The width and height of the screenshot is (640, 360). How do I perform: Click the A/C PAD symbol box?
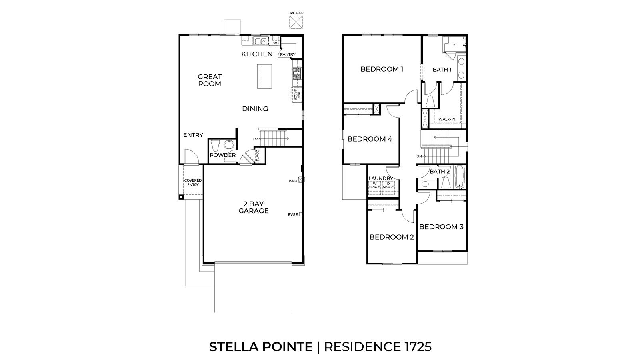[296, 23]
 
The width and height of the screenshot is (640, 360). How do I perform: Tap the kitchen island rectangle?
[264, 77]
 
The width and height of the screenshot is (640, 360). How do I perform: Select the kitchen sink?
[261, 41]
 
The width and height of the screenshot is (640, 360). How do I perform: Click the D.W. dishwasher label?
[274, 43]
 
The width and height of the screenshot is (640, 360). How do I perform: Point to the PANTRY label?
[288, 54]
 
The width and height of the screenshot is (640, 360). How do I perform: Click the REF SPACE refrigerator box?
[296, 95]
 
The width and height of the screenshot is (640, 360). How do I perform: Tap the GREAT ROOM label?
[210, 80]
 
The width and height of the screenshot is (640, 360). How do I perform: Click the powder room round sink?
[229, 145]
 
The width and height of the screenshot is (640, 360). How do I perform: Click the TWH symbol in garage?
[302, 180]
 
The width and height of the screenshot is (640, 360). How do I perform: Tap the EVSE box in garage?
[300, 214]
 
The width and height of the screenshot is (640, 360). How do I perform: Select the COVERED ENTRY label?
[193, 182]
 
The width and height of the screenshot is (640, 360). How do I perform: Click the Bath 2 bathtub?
[460, 177]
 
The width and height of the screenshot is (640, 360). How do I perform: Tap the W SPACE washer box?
[374, 186]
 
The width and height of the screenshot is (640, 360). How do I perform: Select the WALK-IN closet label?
[446, 119]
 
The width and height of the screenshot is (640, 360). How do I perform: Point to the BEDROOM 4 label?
[370, 139]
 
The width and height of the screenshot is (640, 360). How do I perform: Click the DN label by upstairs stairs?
[419, 156]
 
